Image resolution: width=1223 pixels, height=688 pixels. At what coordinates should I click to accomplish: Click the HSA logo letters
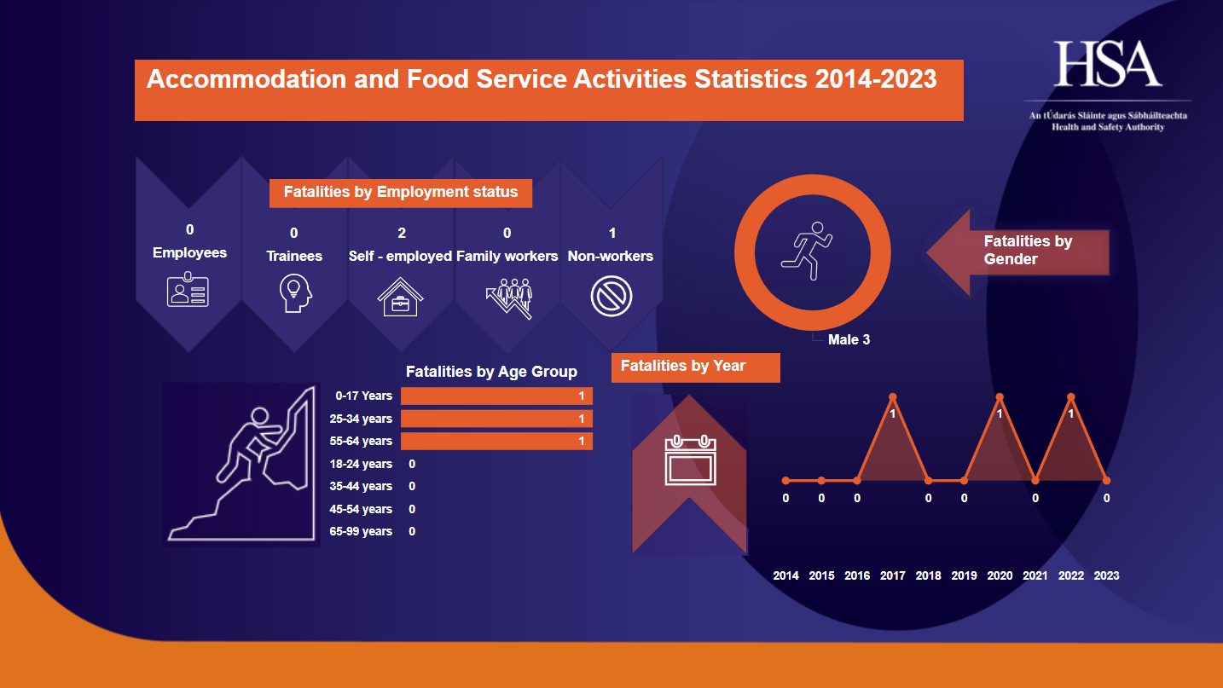click(1107, 64)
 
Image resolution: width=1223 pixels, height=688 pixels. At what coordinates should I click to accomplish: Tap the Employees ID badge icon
click(188, 290)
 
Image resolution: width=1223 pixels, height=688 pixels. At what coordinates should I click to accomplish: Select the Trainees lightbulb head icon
click(295, 293)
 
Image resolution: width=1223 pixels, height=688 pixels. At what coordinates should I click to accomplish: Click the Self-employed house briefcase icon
click(400, 297)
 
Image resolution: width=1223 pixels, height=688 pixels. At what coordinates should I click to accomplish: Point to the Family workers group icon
click(509, 298)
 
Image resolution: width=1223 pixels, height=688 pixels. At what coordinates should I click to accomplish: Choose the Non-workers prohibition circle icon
click(611, 297)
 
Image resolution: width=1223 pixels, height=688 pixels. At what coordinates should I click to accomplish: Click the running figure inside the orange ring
click(807, 251)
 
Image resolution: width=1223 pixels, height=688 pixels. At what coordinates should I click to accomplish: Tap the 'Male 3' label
click(849, 339)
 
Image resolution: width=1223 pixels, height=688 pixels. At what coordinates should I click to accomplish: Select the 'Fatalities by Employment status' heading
click(401, 192)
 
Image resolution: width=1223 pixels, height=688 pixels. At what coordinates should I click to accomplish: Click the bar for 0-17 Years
click(497, 396)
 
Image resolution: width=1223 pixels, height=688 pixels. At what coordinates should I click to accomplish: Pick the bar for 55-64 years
click(497, 441)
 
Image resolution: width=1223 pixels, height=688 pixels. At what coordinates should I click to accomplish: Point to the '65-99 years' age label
click(361, 531)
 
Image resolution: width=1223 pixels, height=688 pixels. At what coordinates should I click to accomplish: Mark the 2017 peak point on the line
click(893, 396)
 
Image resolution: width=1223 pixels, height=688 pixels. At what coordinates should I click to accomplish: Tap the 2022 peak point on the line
click(1070, 396)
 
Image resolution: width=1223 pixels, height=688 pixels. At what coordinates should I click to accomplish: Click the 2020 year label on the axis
click(1000, 575)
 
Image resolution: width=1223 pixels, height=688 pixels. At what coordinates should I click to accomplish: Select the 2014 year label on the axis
click(785, 575)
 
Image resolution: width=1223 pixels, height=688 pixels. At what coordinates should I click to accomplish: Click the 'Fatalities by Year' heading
click(683, 366)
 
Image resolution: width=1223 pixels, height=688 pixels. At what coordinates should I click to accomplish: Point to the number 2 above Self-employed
click(402, 233)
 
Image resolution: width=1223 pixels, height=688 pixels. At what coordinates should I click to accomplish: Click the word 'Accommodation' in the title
click(246, 79)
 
